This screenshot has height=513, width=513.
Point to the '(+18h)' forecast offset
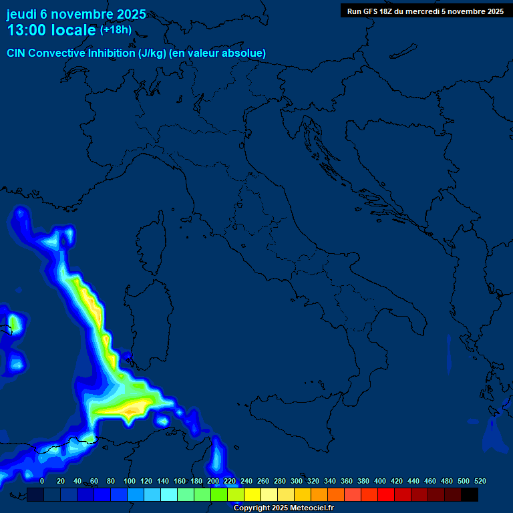click(x=116, y=30)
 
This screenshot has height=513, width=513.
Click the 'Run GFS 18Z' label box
click(x=425, y=11)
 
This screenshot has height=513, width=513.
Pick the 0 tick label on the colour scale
click(x=42, y=481)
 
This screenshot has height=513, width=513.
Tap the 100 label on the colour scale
click(x=130, y=481)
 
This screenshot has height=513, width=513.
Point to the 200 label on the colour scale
click(x=213, y=481)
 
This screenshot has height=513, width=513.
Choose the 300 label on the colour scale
click(x=297, y=481)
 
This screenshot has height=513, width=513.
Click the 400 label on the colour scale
click(x=380, y=481)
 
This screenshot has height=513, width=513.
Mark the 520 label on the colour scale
click(x=480, y=481)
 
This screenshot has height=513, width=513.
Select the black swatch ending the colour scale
click(x=470, y=494)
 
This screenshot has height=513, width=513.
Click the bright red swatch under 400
click(x=386, y=494)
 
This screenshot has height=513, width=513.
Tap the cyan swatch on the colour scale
click(x=169, y=494)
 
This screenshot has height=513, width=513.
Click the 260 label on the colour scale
click(x=263, y=481)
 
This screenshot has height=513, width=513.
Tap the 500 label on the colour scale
click(x=463, y=481)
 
